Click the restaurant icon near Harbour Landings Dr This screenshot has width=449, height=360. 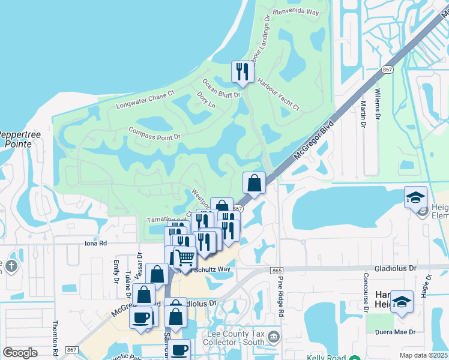point(241,72)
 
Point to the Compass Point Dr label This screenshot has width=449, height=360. point(154,133)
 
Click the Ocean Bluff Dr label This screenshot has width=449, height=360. point(221,88)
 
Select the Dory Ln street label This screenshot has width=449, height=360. point(206,100)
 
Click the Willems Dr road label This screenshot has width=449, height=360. point(378,103)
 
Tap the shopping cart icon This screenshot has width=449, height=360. point(185,258)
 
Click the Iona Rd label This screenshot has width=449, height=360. point(95,244)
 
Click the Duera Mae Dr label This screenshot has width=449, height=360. point(394,332)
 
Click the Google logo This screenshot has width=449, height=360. point(20,353)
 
